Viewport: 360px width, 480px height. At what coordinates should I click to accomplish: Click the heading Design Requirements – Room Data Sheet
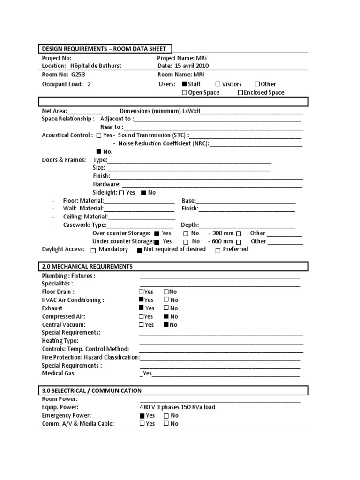(104, 49)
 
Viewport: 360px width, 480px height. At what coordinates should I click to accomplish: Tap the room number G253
(79, 75)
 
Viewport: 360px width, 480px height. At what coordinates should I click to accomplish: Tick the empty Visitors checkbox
(217, 84)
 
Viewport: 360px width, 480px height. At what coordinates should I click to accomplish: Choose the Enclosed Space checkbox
(240, 93)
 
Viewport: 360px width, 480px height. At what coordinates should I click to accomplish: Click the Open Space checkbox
(185, 93)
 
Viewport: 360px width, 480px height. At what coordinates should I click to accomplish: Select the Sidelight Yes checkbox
(122, 193)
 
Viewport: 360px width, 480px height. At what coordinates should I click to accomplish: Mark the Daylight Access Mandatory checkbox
(93, 250)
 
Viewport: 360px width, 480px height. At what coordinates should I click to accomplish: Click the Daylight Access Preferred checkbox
(218, 250)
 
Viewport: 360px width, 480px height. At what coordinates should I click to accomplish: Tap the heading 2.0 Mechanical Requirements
(87, 267)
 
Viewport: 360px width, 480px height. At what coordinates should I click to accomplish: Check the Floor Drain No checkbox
(166, 292)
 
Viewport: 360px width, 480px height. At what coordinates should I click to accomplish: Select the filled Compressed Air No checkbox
(166, 317)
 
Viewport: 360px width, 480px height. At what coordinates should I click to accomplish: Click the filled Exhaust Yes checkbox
(142, 308)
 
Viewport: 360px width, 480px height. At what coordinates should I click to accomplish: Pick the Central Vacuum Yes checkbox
(142, 325)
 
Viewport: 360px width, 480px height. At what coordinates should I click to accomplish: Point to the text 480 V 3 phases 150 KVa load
(178, 407)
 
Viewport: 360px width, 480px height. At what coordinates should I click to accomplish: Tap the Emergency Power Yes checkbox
(142, 416)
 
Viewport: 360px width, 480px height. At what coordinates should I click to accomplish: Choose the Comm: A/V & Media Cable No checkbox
(166, 424)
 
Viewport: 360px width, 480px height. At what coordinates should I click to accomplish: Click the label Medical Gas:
(59, 374)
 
